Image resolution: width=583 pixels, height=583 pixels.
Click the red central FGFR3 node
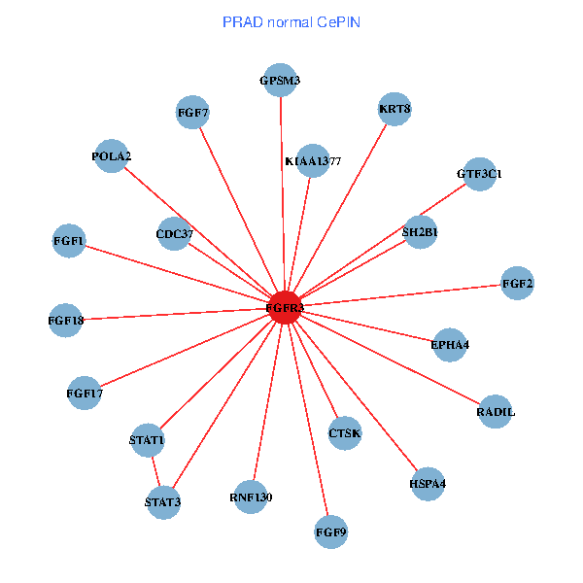tap(285, 307)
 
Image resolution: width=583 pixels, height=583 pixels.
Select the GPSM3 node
tap(280, 81)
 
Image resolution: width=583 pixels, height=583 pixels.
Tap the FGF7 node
tap(193, 113)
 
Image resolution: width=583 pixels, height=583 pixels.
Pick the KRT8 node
tap(394, 109)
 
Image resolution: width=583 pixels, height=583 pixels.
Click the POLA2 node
tap(112, 155)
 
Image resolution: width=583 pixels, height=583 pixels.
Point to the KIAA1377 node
tap(313, 160)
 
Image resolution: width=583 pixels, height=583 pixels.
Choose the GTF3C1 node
tap(479, 174)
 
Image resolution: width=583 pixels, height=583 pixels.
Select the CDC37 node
tap(174, 233)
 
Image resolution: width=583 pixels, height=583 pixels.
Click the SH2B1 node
tap(420, 232)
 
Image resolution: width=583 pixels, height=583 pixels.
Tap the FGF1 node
tap(69, 240)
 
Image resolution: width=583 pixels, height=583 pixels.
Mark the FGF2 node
tap(517, 284)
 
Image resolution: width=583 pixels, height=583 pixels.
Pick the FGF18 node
tap(66, 320)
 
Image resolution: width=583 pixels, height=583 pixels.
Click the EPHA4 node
tap(449, 344)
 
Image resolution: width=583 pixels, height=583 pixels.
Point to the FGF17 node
tap(85, 393)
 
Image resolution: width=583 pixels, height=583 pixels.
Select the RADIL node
tap(496, 412)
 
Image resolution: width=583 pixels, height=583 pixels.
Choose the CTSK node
tap(344, 432)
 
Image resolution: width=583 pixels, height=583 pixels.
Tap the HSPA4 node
tap(428, 483)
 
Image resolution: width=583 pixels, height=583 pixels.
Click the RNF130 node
tap(251, 497)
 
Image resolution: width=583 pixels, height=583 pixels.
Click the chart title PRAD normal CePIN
tap(291, 21)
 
